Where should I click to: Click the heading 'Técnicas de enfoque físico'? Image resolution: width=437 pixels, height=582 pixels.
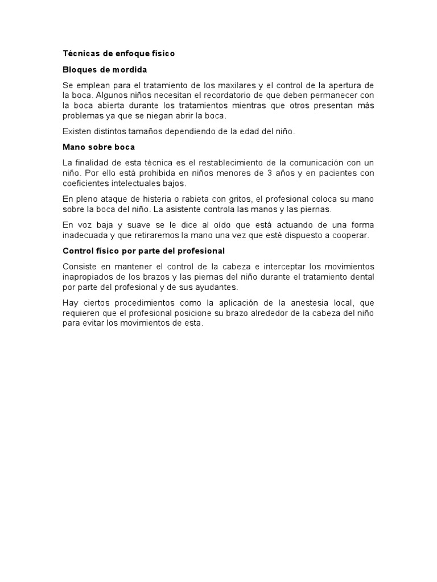[x=118, y=53]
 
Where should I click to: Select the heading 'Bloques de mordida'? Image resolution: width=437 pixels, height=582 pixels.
[x=105, y=69]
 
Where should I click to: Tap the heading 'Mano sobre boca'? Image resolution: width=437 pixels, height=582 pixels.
[x=98, y=147]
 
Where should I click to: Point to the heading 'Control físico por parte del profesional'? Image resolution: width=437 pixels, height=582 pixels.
[x=144, y=251]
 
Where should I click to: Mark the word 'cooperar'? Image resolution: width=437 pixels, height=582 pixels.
[x=351, y=235]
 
